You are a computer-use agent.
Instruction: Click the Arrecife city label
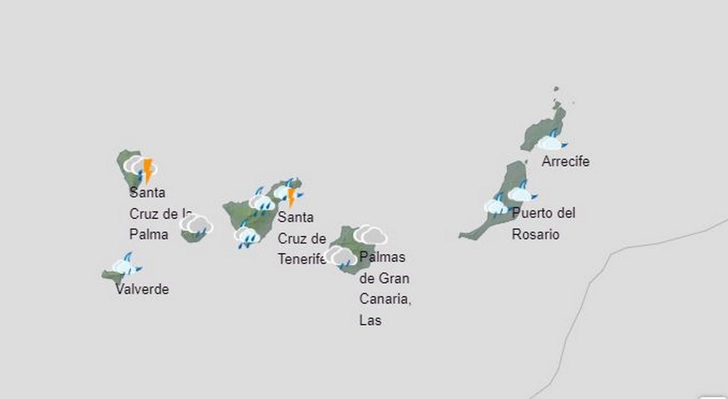(x=565, y=162)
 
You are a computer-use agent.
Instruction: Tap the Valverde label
(x=142, y=289)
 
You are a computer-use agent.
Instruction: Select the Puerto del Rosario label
(x=543, y=223)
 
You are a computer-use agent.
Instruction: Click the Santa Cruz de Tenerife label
(x=302, y=238)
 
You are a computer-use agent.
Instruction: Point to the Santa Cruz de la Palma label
(x=159, y=213)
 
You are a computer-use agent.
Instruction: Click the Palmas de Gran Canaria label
(x=384, y=288)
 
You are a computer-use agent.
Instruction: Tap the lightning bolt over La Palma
(x=147, y=170)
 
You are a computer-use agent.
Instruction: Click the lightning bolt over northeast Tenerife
(x=291, y=197)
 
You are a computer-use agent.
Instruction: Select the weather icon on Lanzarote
(x=551, y=141)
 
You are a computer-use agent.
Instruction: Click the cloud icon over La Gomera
(x=196, y=224)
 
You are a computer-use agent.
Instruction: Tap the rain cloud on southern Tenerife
(x=247, y=236)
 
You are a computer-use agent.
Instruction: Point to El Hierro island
(x=112, y=276)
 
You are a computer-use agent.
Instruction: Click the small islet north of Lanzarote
(x=556, y=90)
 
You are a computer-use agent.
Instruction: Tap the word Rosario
(x=536, y=234)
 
